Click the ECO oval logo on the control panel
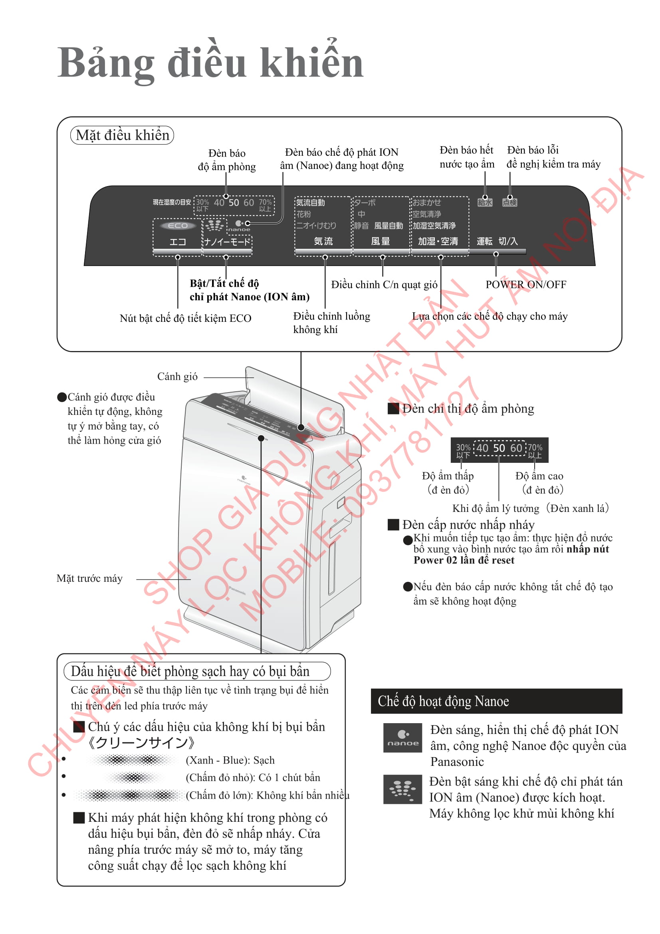pyautogui.click(x=178, y=226)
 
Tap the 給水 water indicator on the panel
pyautogui.click(x=485, y=202)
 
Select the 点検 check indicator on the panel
pyautogui.click(x=509, y=202)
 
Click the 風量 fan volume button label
pyautogui.click(x=381, y=241)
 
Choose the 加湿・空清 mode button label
pyautogui.click(x=438, y=241)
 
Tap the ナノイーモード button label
pyautogui.click(x=227, y=242)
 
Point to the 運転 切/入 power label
pyautogui.click(x=497, y=241)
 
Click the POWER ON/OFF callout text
pyautogui.click(x=526, y=284)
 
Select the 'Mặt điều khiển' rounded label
pyautogui.click(x=122, y=135)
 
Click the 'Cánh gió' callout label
pyautogui.click(x=177, y=377)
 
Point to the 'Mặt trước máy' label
pyautogui.click(x=89, y=578)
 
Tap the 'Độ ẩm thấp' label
pyautogui.click(x=448, y=476)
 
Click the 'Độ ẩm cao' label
pyautogui.click(x=539, y=476)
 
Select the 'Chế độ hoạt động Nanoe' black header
pyautogui.click(x=496, y=701)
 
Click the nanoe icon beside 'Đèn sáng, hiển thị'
pyautogui.click(x=402, y=738)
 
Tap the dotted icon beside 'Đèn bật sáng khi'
pyautogui.click(x=402, y=789)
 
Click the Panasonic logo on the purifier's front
pyautogui.click(x=237, y=590)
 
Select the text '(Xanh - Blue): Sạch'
pyautogui.click(x=230, y=760)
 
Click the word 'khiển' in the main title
pyautogui.click(x=311, y=63)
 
